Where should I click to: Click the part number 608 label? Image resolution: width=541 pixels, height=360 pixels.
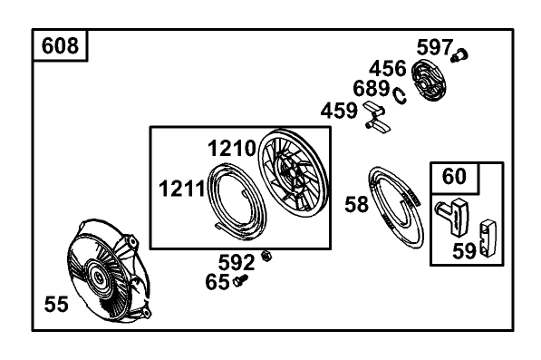pyautogui.click(x=60, y=45)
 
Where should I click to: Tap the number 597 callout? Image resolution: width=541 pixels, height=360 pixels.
pyautogui.click(x=434, y=47)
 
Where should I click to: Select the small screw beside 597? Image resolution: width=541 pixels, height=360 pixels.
pyautogui.click(x=459, y=55)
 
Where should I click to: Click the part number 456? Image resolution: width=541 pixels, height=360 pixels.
pyautogui.click(x=388, y=68)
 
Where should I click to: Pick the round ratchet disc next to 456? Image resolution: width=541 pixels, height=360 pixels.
pyautogui.click(x=429, y=81)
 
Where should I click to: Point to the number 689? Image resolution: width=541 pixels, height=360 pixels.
pyautogui.click(x=372, y=88)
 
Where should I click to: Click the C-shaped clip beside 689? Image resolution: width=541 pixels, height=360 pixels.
pyautogui.click(x=400, y=95)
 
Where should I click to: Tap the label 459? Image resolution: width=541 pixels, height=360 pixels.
pyautogui.click(x=339, y=111)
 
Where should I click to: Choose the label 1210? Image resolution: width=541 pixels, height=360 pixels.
pyautogui.click(x=231, y=149)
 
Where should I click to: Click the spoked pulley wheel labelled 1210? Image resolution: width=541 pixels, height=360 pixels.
pyautogui.click(x=294, y=173)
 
